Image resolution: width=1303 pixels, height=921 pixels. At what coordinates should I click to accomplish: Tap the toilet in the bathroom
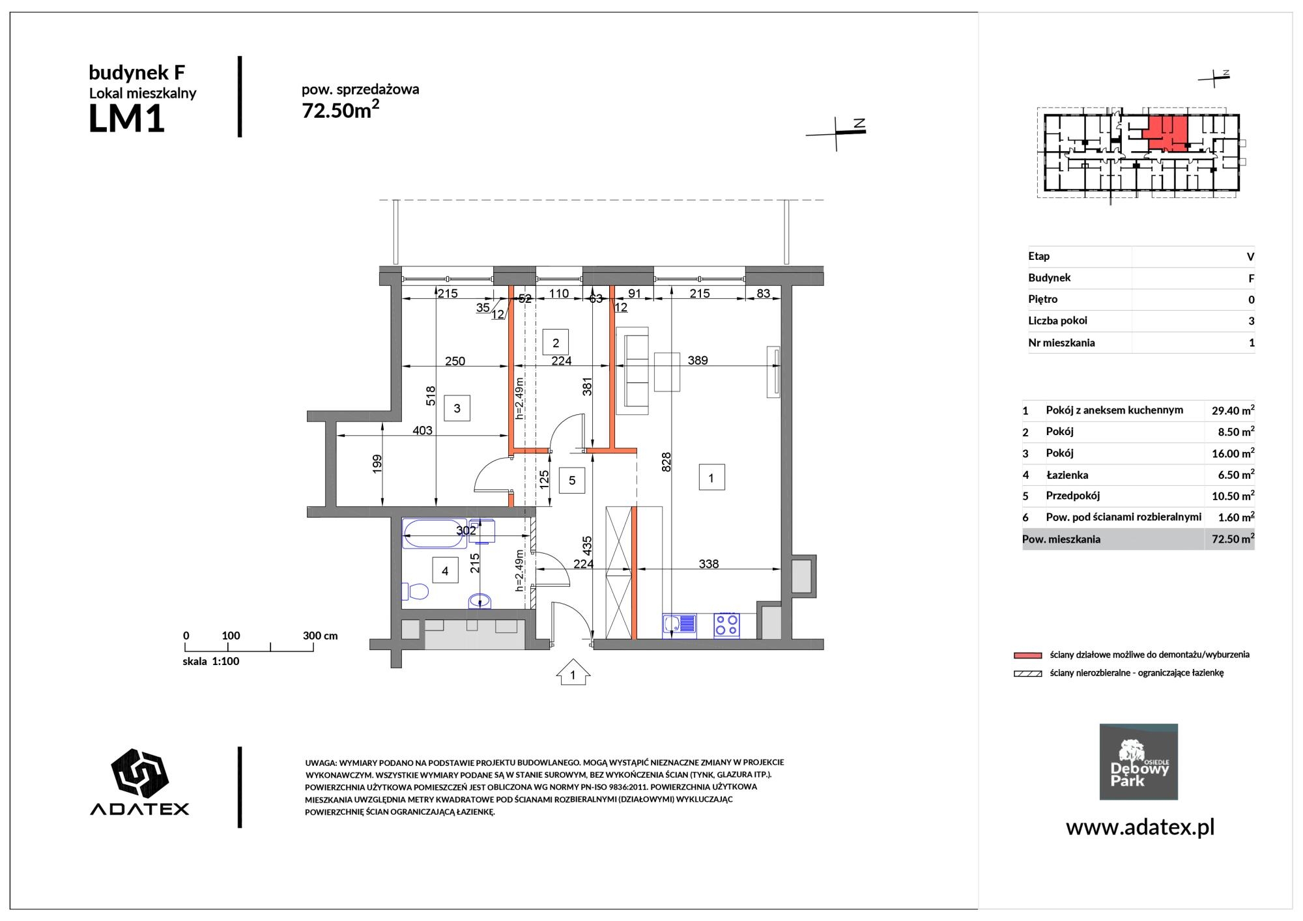tap(414, 591)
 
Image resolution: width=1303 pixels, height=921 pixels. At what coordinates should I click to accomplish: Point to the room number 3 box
tap(457, 408)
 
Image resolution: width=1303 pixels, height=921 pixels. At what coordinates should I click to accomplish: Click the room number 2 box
tap(556, 343)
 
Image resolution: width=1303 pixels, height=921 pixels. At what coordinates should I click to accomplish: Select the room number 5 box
tap(572, 481)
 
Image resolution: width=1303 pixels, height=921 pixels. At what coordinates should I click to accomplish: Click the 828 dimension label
tap(666, 462)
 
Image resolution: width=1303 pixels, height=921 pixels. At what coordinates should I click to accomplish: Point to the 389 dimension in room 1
tap(697, 360)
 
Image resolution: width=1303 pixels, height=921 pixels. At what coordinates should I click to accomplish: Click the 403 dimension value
tap(422, 430)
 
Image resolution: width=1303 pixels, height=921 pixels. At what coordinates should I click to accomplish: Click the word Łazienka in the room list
tap(1067, 475)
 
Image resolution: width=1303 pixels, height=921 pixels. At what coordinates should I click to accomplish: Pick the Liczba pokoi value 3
tap(1251, 321)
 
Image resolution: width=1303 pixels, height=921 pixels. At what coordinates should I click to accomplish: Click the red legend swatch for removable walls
tap(1027, 655)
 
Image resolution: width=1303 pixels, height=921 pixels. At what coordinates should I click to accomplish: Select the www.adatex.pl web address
tap(1140, 827)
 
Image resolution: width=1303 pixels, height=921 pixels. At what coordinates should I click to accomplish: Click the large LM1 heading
tap(126, 119)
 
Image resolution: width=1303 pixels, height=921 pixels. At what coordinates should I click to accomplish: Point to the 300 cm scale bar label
tap(320, 636)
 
